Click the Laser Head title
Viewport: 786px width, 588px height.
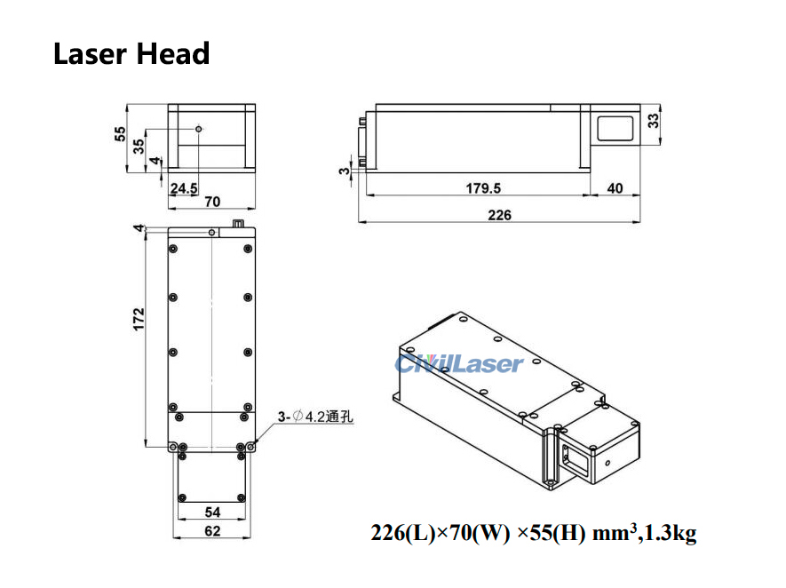(131, 53)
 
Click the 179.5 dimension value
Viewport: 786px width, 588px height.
(483, 187)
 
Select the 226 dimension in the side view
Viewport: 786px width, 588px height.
(499, 214)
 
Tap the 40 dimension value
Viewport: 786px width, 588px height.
(614, 187)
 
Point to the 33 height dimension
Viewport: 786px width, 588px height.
(653, 121)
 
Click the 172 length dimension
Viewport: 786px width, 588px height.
(139, 320)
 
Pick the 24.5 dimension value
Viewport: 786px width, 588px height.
(184, 187)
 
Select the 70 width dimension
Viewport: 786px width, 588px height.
(212, 202)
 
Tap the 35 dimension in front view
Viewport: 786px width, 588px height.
(139, 147)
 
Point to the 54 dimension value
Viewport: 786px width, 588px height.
(212, 513)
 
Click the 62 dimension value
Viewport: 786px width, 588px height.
(212, 531)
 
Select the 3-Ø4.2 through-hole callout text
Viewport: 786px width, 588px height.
(315, 416)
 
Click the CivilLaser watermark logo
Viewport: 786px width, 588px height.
(459, 363)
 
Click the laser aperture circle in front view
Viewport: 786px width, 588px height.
(199, 129)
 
